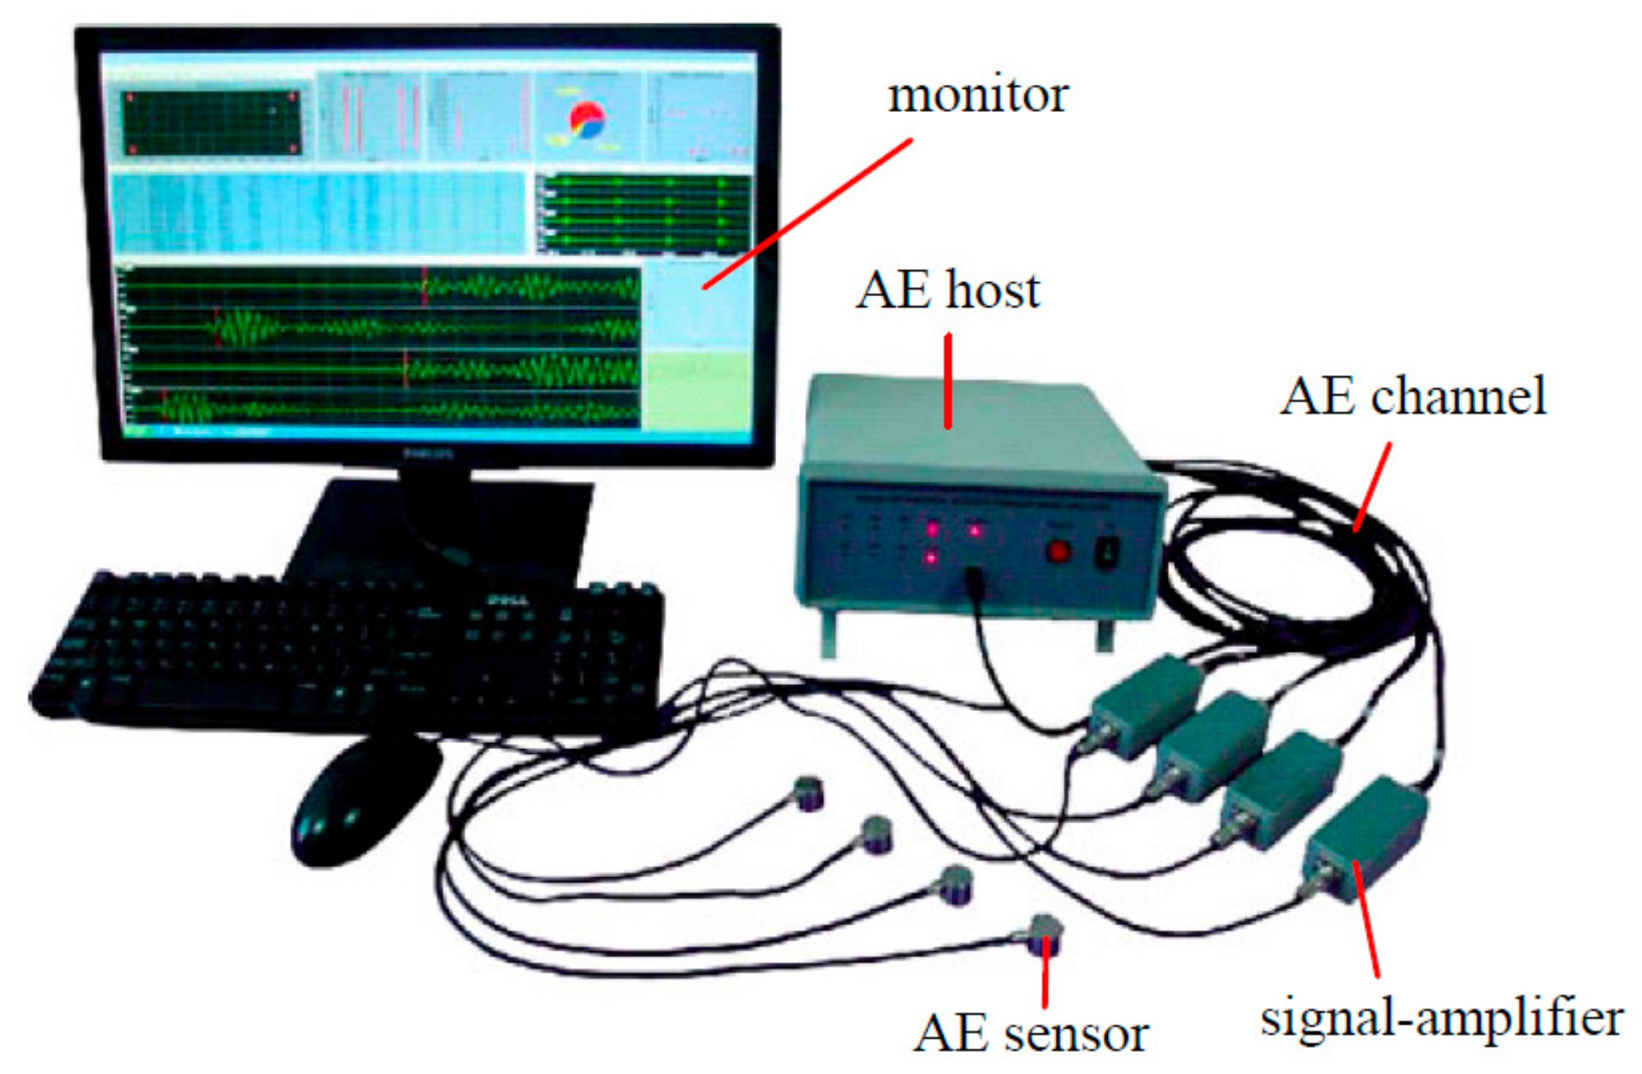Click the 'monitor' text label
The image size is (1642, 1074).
(x=977, y=95)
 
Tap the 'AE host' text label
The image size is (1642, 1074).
(x=947, y=291)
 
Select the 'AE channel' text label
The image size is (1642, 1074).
(x=1412, y=396)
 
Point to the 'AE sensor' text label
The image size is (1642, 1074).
(x=1030, y=1034)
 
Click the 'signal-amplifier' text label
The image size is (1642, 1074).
(x=1441, y=1018)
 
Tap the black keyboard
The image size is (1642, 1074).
(x=346, y=650)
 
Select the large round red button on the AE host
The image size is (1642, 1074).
(x=1058, y=551)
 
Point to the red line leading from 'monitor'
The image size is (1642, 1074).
(x=807, y=214)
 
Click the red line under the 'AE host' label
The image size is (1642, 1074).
(x=948, y=380)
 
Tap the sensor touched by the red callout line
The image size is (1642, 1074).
(x=1044, y=935)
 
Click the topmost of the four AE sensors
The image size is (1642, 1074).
(x=808, y=793)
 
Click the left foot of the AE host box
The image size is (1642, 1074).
(x=828, y=635)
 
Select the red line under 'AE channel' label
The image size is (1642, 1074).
(x=1373, y=487)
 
